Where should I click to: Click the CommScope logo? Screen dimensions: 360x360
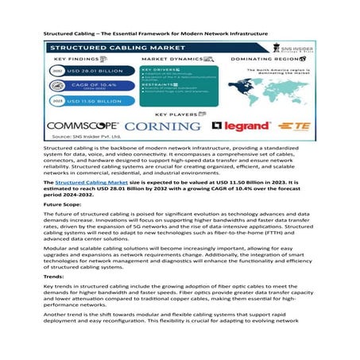pyautogui.click(x=83, y=126)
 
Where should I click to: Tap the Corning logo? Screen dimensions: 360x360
pyautogui.click(x=164, y=126)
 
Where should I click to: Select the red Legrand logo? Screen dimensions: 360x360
pyautogui.click(x=238, y=126)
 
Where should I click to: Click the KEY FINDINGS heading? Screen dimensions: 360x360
pyautogui.click(x=76, y=60)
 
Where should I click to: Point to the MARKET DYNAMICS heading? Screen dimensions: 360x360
pyautogui.click(x=173, y=60)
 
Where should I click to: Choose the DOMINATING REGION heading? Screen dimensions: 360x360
pyautogui.click(x=267, y=60)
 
